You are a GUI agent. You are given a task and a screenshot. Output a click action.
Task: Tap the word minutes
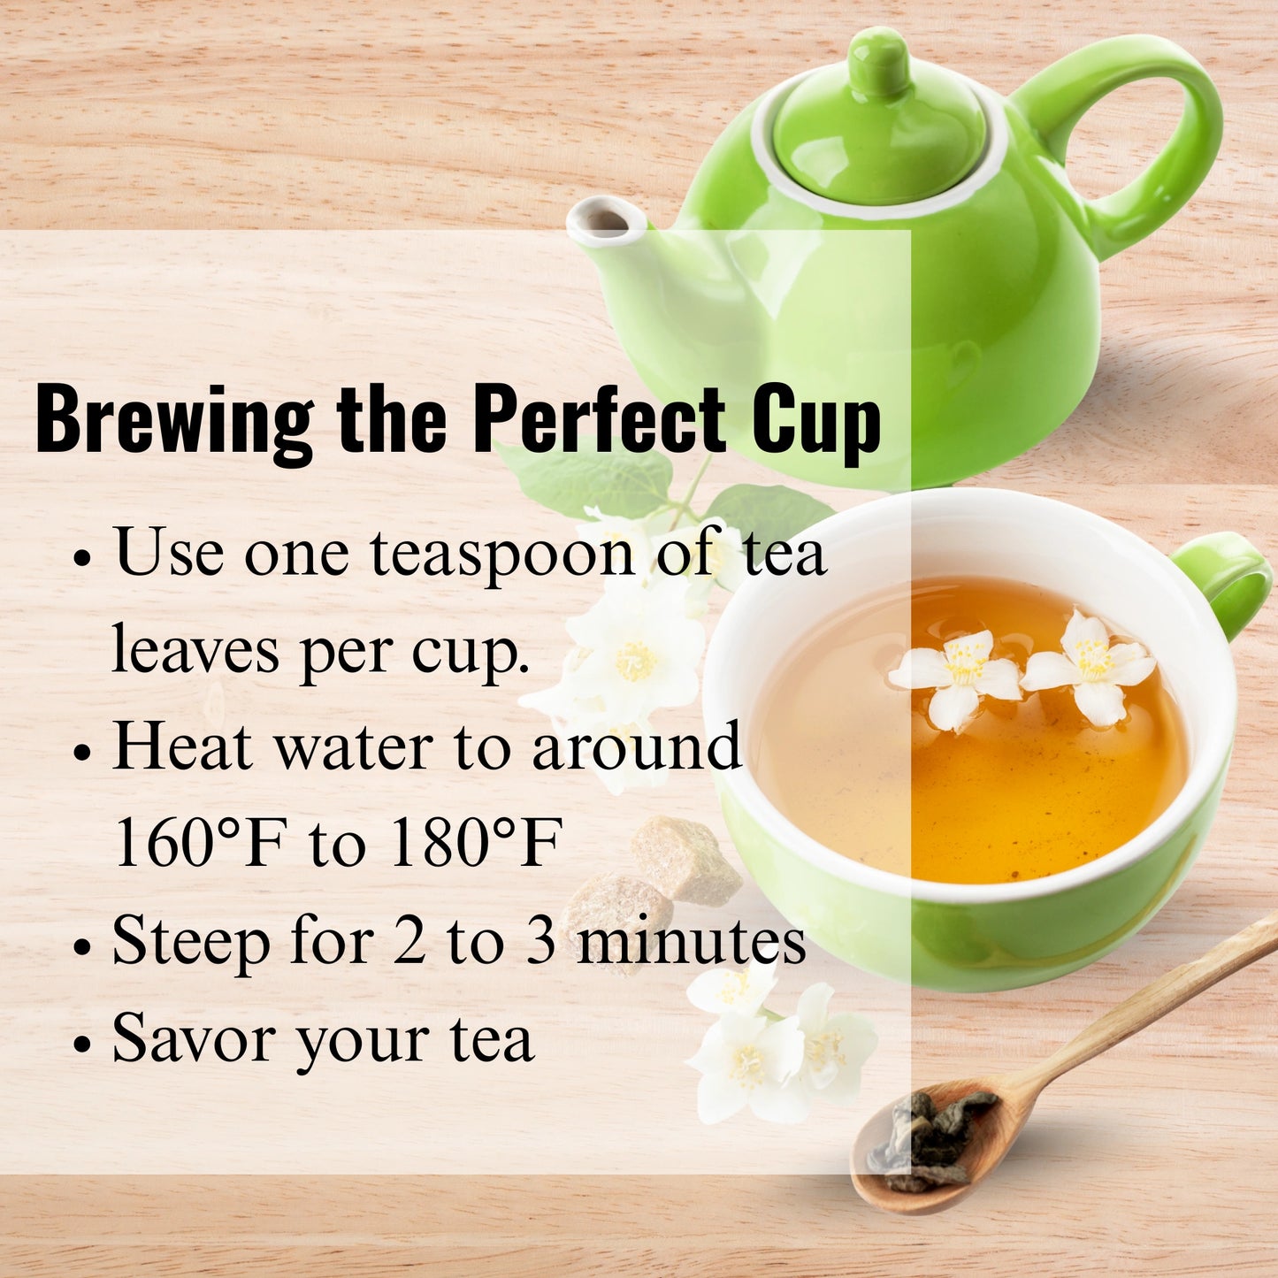point(691,940)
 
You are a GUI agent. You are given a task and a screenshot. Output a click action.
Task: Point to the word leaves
point(195,650)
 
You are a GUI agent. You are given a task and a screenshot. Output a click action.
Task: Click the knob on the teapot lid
point(878,62)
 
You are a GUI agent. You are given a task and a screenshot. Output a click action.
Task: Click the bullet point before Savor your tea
point(82,1044)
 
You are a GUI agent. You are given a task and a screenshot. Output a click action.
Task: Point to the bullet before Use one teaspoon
point(82,560)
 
